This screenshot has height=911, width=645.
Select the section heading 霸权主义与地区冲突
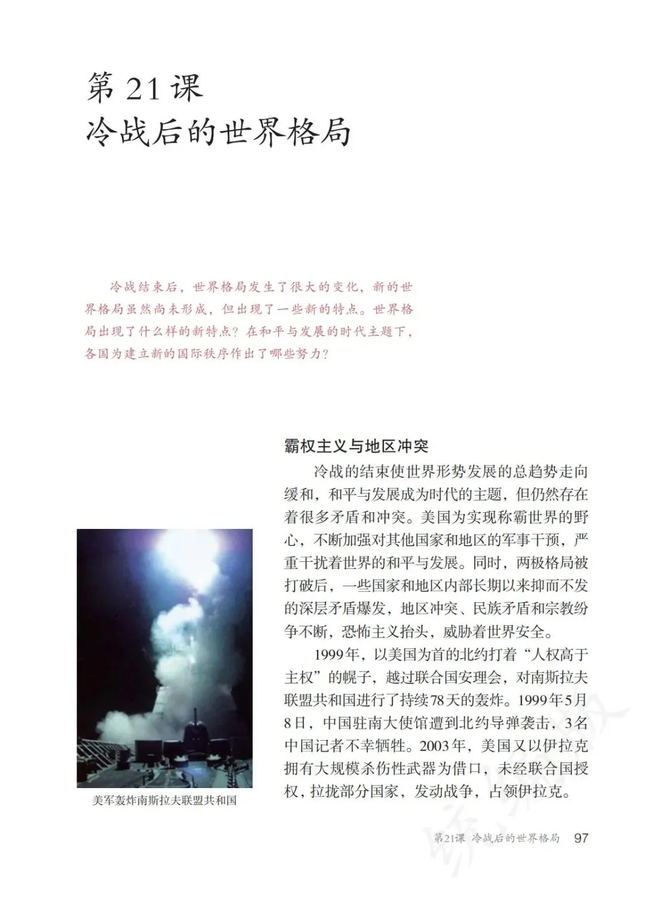tap(356, 446)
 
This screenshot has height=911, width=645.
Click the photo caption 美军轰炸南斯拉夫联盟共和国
tap(164, 800)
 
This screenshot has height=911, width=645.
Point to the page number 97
tap(580, 838)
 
